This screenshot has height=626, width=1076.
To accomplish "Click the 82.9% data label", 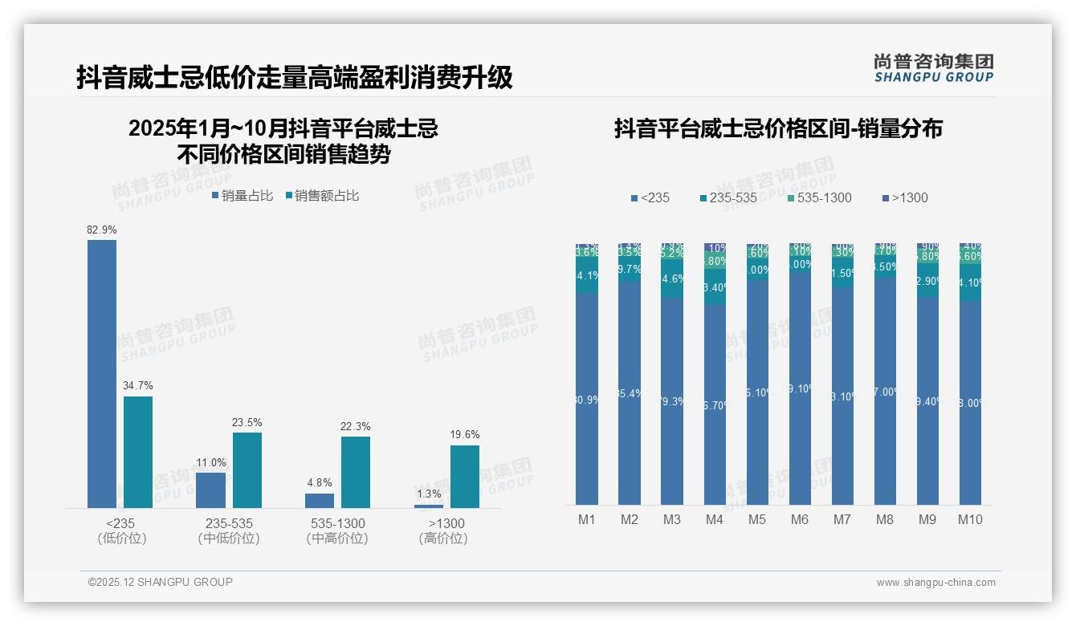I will pyautogui.click(x=102, y=230).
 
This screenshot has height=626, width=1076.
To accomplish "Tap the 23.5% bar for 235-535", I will pyautogui.click(x=247, y=470).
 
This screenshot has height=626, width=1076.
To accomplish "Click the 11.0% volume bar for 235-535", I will pyautogui.click(x=210, y=490).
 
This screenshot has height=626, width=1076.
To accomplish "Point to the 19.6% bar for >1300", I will pyautogui.click(x=464, y=477).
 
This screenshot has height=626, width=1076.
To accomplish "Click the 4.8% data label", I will pyautogui.click(x=319, y=483).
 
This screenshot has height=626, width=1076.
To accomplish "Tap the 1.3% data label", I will pyautogui.click(x=429, y=494).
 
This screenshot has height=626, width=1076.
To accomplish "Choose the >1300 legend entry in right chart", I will pyautogui.click(x=905, y=197).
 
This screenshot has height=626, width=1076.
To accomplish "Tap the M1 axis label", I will pyautogui.click(x=587, y=519).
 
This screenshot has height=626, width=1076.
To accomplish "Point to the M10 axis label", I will pyautogui.click(x=970, y=519).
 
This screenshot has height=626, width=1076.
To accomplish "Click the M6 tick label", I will pyautogui.click(x=800, y=519).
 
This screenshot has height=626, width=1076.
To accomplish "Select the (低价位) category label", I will pyautogui.click(x=121, y=539).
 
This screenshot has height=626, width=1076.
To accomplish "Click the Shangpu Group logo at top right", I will pyautogui.click(x=933, y=67).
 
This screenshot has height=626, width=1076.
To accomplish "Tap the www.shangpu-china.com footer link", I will pyautogui.click(x=935, y=583).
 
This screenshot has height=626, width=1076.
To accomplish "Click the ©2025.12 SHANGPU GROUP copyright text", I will pyautogui.click(x=161, y=582).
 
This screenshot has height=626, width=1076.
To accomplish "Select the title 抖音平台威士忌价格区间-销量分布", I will pyautogui.click(x=778, y=128).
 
